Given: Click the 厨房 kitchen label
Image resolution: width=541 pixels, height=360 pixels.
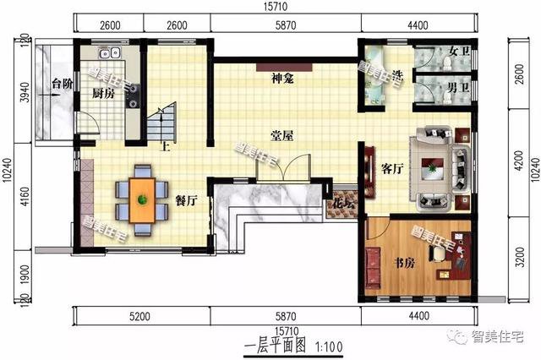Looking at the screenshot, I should tap(102, 94).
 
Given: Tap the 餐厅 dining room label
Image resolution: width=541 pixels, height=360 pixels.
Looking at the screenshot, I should tap(186, 200).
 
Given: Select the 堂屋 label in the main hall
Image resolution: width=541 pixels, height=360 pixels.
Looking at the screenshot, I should tap(281, 135).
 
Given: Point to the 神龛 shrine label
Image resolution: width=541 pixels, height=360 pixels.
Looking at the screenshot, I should tap(282, 79).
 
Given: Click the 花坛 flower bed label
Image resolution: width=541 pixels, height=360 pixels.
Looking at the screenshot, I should tap(342, 204).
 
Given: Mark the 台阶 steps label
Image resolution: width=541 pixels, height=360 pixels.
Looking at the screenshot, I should tap(61, 84).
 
